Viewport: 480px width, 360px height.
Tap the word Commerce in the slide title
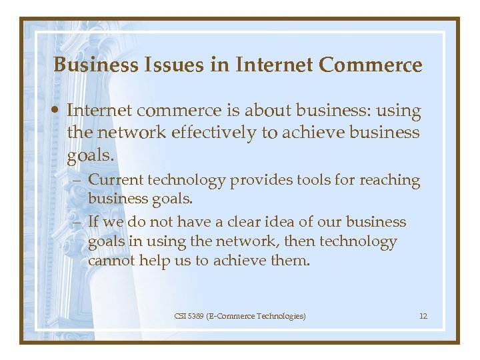coord(370,65)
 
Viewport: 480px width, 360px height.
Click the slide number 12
coord(423,315)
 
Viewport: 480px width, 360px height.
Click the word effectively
coord(210,133)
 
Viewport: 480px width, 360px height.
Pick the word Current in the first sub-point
coord(115,180)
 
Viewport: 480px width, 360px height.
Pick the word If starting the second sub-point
coord(94,222)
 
